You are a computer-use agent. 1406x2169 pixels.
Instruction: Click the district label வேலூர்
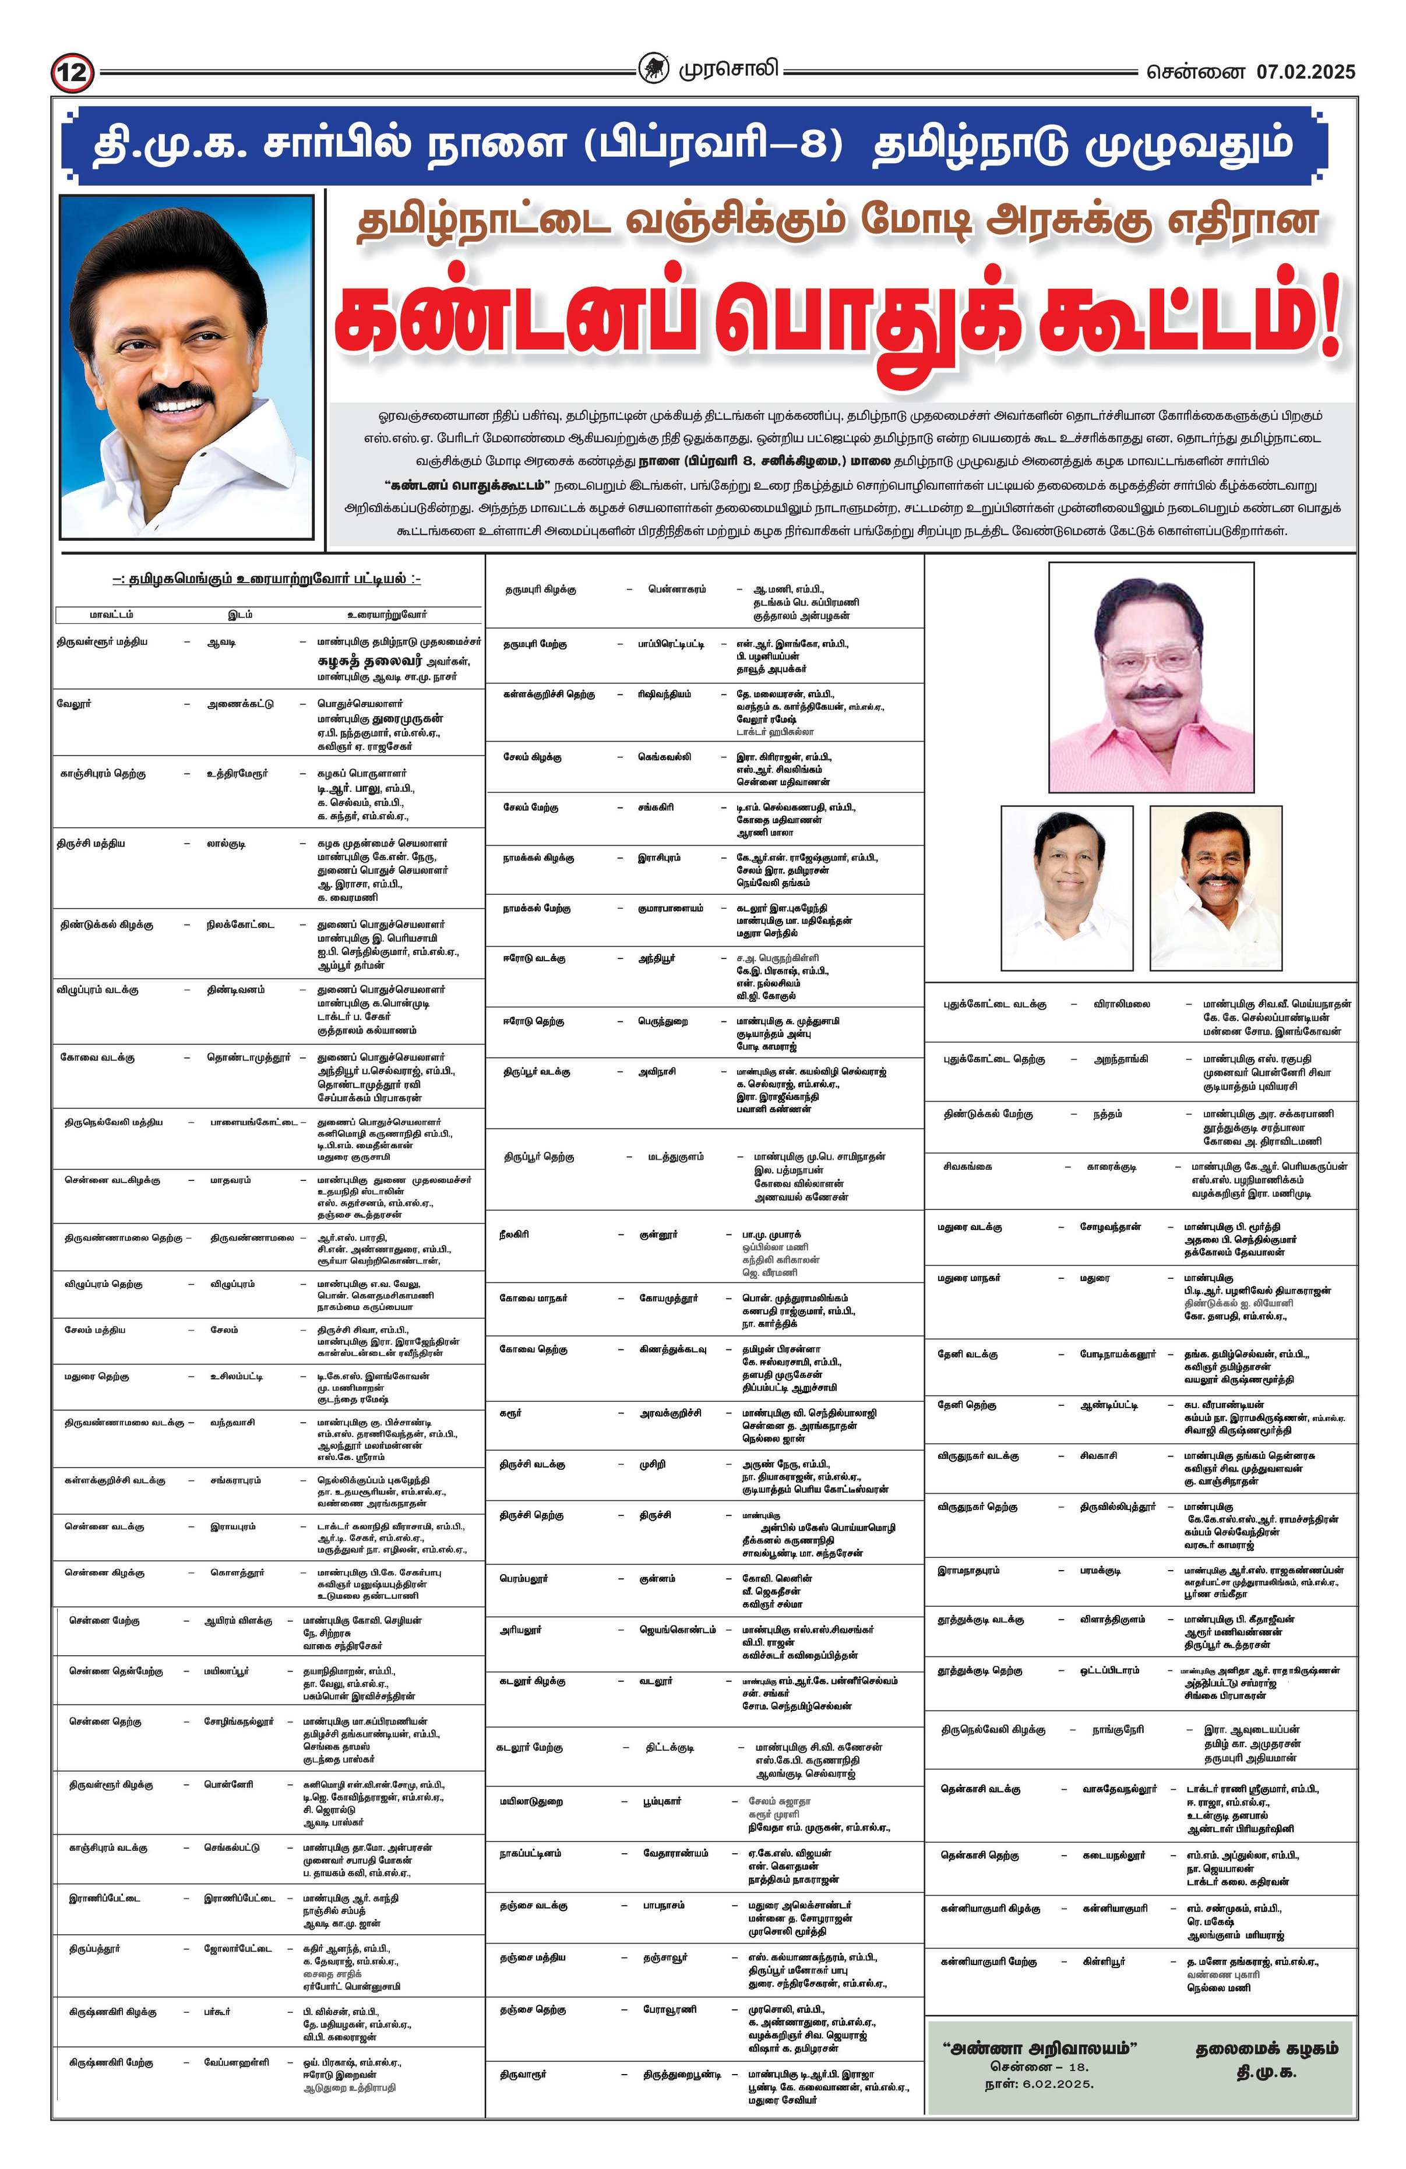tap(74, 704)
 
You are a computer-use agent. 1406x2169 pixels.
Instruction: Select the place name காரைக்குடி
tap(1112, 1166)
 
